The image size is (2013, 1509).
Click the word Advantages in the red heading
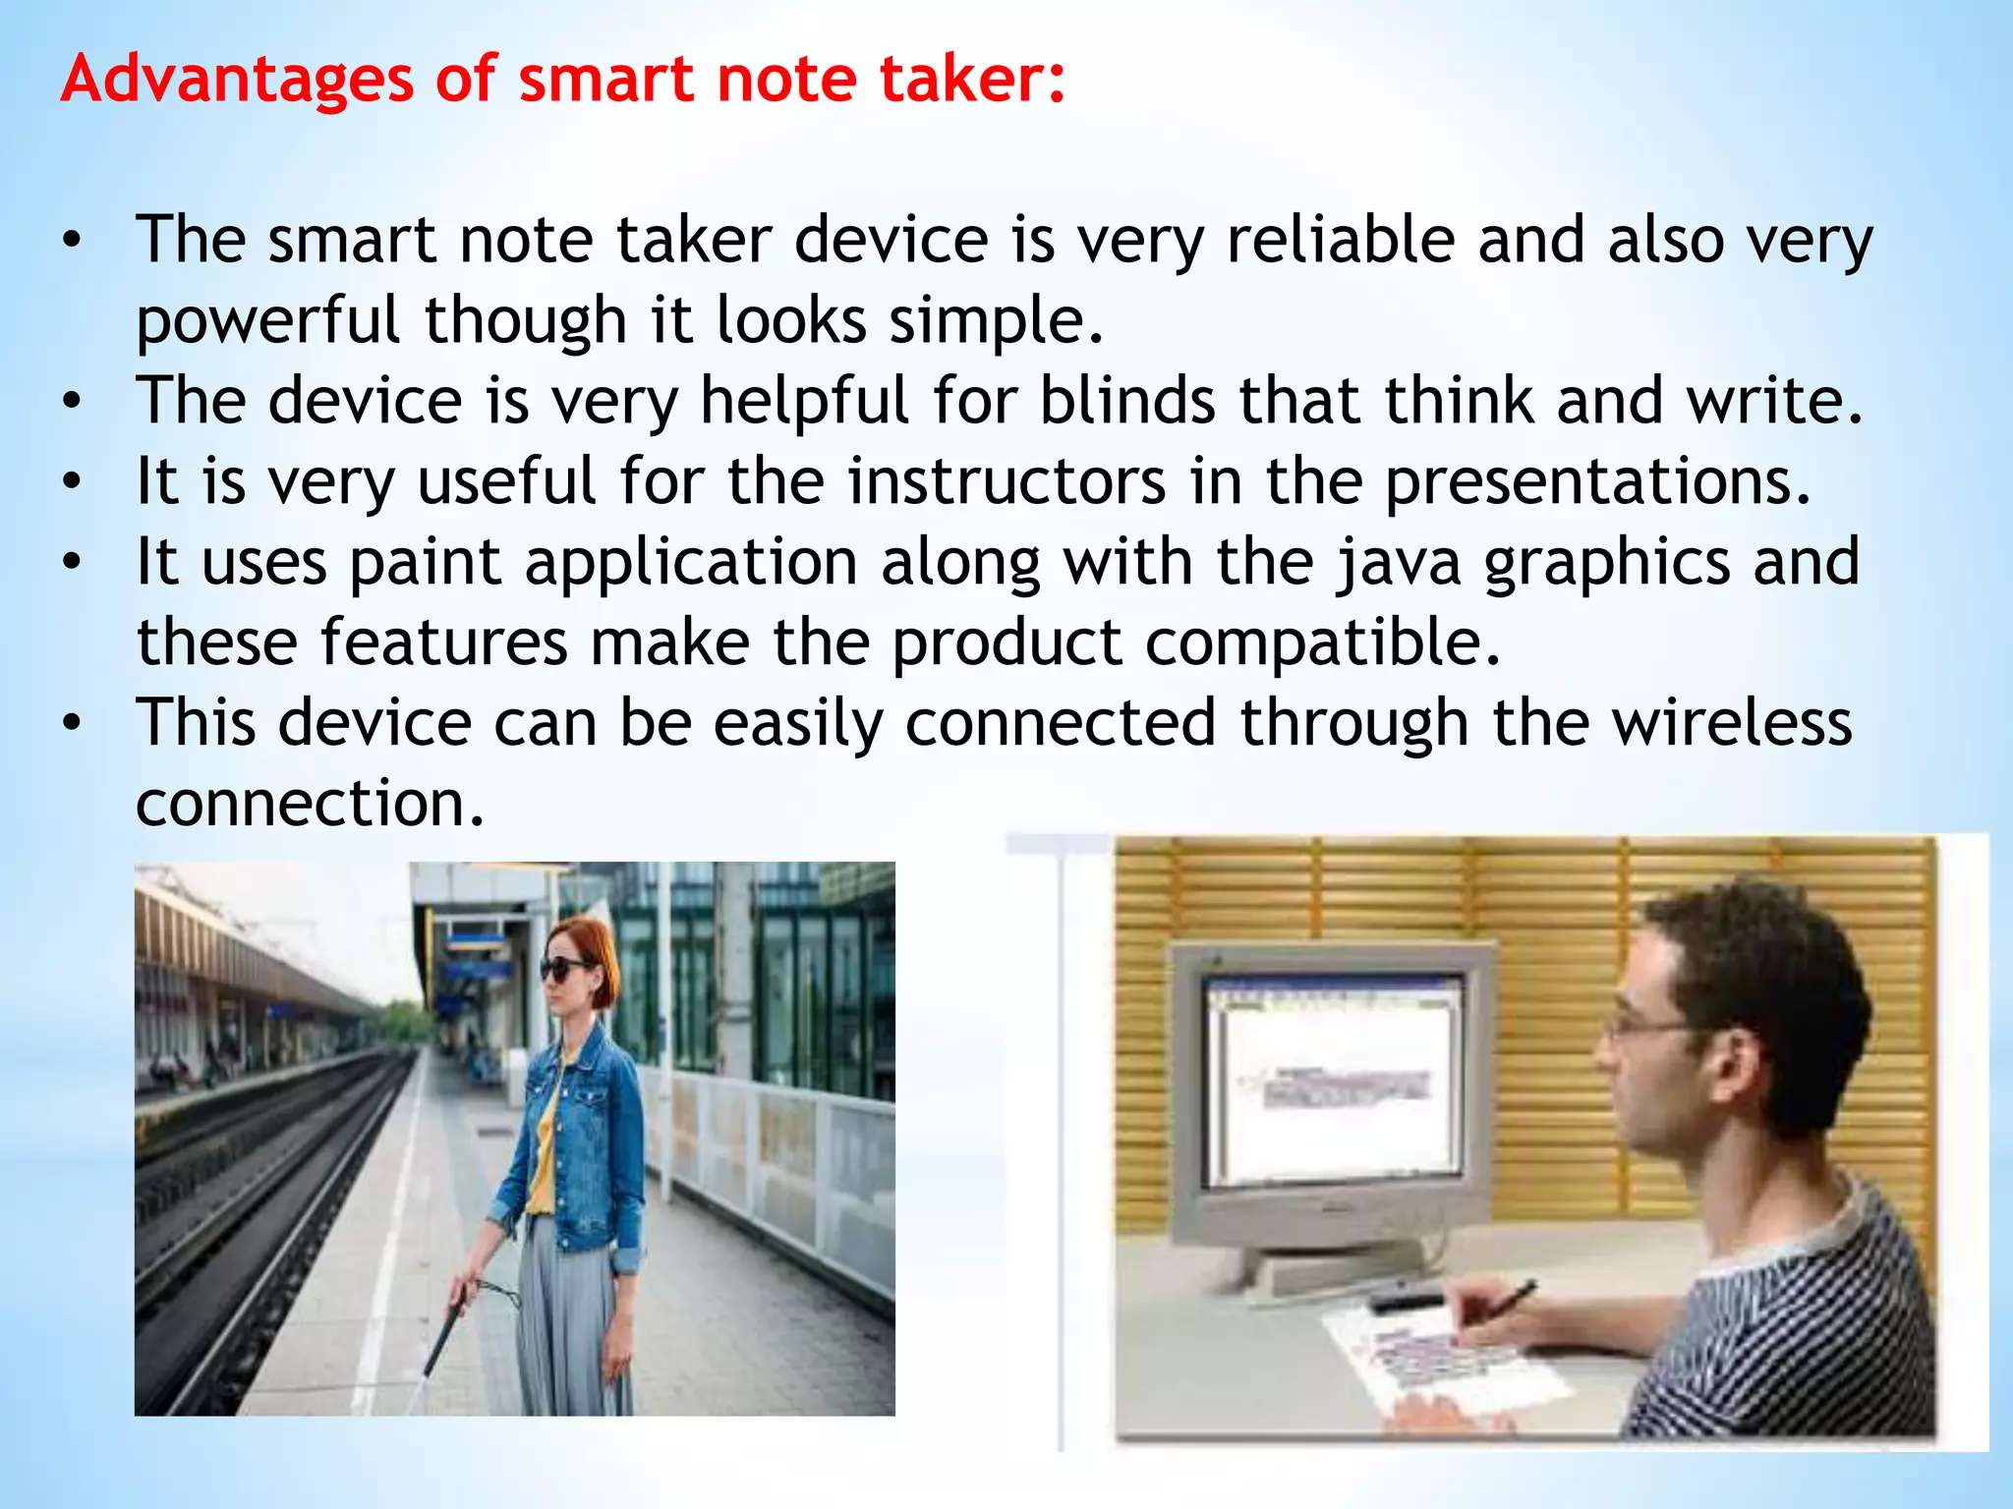236,79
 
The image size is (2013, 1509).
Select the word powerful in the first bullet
268,320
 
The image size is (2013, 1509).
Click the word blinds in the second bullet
1127,401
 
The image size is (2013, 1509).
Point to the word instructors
1006,481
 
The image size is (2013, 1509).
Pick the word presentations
1597,481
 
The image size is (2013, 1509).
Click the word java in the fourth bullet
1398,562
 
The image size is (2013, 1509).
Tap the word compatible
1323,643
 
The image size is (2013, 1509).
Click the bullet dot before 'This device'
71,723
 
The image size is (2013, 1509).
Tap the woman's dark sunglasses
564,969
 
